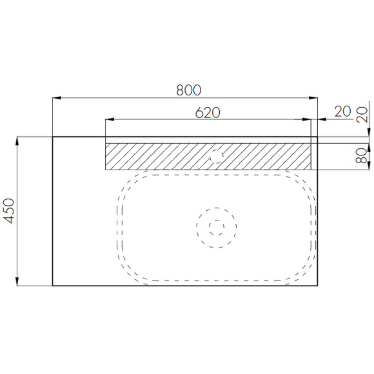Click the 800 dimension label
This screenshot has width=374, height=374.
click(189, 90)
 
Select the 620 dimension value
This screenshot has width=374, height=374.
click(208, 113)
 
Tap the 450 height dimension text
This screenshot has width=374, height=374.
click(10, 211)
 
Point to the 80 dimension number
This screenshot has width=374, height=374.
click(361, 155)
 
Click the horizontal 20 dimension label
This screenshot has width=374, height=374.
click(343, 112)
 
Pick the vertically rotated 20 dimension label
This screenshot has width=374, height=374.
click(362, 115)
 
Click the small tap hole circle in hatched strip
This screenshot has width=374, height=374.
click(217, 156)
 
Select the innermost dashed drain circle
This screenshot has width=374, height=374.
click(217, 227)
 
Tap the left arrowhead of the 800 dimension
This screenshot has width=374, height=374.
click(57, 98)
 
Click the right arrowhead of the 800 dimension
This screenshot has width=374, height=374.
click(313, 98)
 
